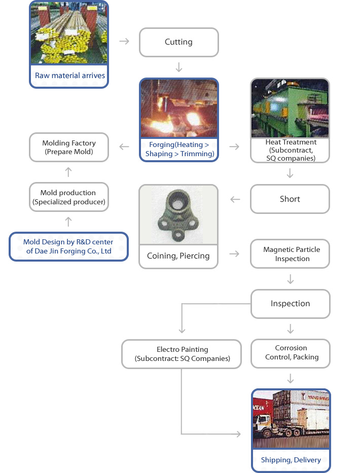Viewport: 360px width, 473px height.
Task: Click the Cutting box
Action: pyautogui.click(x=178, y=42)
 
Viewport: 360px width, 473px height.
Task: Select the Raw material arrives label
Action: pyautogui.click(x=69, y=76)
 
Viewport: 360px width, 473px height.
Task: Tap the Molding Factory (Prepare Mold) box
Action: pyautogui.click(x=69, y=148)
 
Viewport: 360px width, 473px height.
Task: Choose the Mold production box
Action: pyautogui.click(x=69, y=197)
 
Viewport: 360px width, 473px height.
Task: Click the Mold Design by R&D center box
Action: pyautogui.click(x=68, y=246)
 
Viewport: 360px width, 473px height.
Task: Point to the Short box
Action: pyautogui.click(x=290, y=199)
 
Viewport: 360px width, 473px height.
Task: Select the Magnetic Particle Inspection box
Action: pyautogui.click(x=290, y=254)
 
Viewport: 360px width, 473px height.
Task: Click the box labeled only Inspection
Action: pyautogui.click(x=290, y=304)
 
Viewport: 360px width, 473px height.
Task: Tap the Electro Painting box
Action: pyautogui.click(x=182, y=354)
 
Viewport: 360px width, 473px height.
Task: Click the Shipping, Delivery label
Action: pyautogui.click(x=291, y=460)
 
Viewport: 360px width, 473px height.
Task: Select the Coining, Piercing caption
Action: pyautogui.click(x=178, y=256)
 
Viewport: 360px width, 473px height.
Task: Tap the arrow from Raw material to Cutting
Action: pyautogui.click(x=124, y=41)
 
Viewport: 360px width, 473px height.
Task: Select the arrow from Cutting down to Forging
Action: pyautogui.click(x=178, y=67)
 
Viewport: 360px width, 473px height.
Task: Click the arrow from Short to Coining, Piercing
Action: pyautogui.click(x=235, y=199)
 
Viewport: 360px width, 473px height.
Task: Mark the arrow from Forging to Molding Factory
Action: pyautogui.click(x=124, y=147)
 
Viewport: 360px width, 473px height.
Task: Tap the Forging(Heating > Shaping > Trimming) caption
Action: pyautogui.click(x=179, y=150)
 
